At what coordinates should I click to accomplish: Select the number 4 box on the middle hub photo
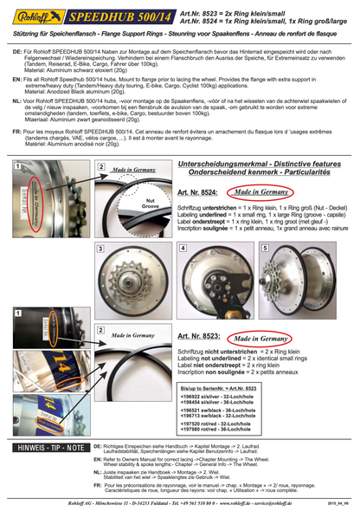186,249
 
